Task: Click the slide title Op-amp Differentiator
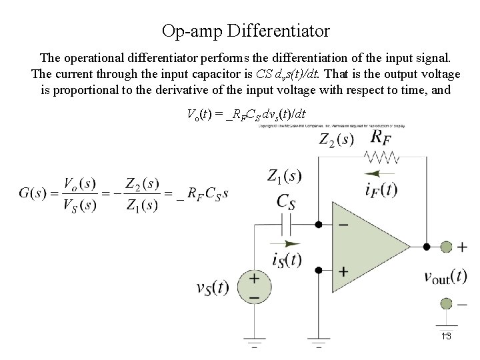pos(245,31)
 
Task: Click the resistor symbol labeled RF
pos(382,158)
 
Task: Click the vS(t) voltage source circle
pos(255,287)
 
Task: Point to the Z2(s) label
pos(337,140)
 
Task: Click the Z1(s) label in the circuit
pos(284,177)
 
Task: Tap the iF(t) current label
pos(381,190)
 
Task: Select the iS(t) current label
pos(287,260)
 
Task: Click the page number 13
pos(446,335)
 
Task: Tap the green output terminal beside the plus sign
pos(445,247)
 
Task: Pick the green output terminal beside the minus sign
pos(445,304)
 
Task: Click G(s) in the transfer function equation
pos(33,193)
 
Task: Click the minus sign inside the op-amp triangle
pos(343,225)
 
